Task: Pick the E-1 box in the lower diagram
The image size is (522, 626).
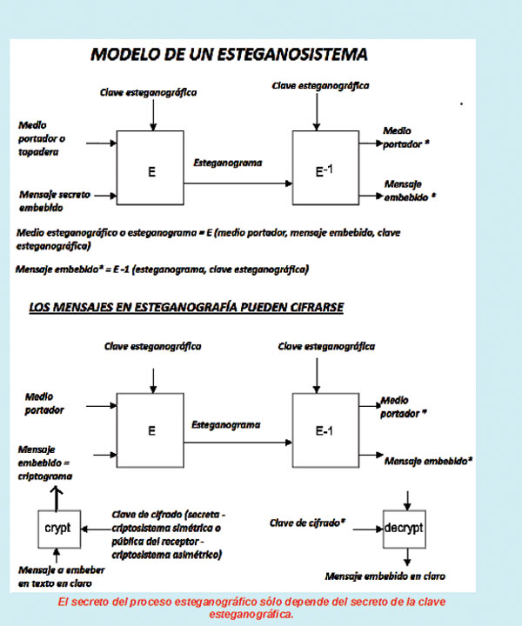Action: [326, 429]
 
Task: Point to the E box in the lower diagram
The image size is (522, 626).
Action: [151, 429]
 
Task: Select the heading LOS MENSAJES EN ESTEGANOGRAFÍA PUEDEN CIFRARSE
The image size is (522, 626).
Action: [186, 307]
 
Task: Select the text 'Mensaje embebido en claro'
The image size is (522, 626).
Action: [382, 576]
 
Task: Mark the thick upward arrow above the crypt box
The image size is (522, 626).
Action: [57, 496]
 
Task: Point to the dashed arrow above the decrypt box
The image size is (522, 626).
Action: [406, 498]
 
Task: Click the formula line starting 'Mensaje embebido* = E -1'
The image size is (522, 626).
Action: [161, 270]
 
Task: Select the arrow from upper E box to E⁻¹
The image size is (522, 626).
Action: [237, 182]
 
